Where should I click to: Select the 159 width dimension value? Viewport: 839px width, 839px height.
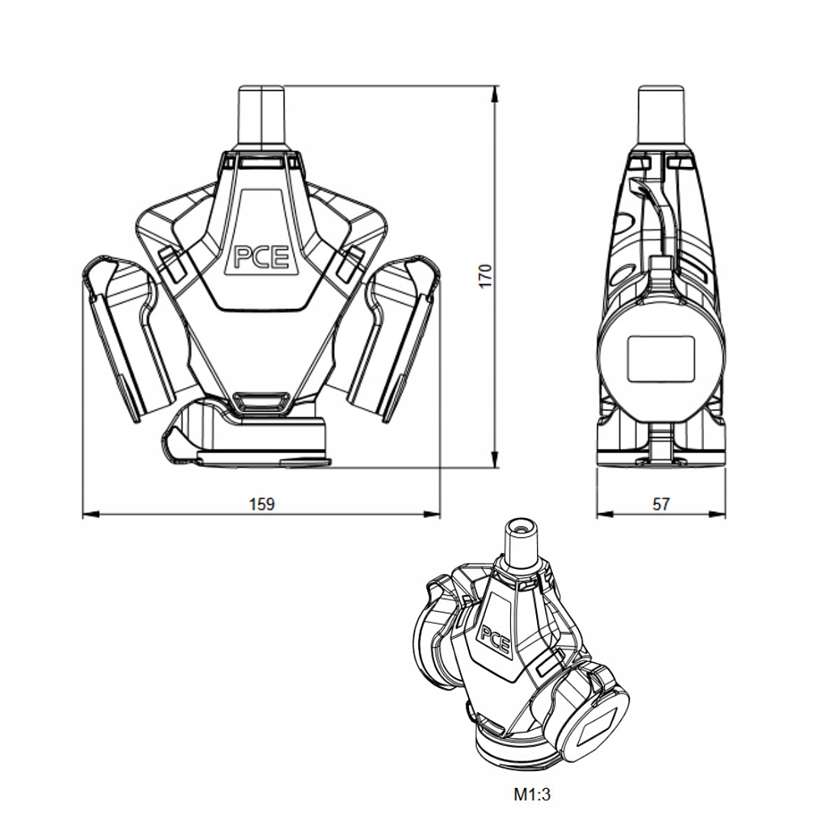click(261, 503)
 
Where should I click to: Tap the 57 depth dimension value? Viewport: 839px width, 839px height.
click(661, 503)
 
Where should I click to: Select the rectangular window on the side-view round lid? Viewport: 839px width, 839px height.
click(660, 358)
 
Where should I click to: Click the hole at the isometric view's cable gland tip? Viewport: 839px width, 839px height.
click(521, 527)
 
